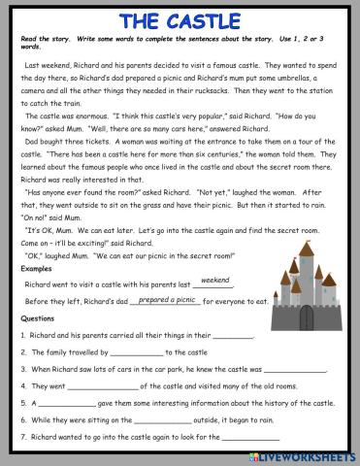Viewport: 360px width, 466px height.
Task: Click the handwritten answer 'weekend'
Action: (214, 280)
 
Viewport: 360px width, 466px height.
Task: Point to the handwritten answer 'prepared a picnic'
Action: (166, 300)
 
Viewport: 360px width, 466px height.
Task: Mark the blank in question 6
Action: (156, 422)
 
